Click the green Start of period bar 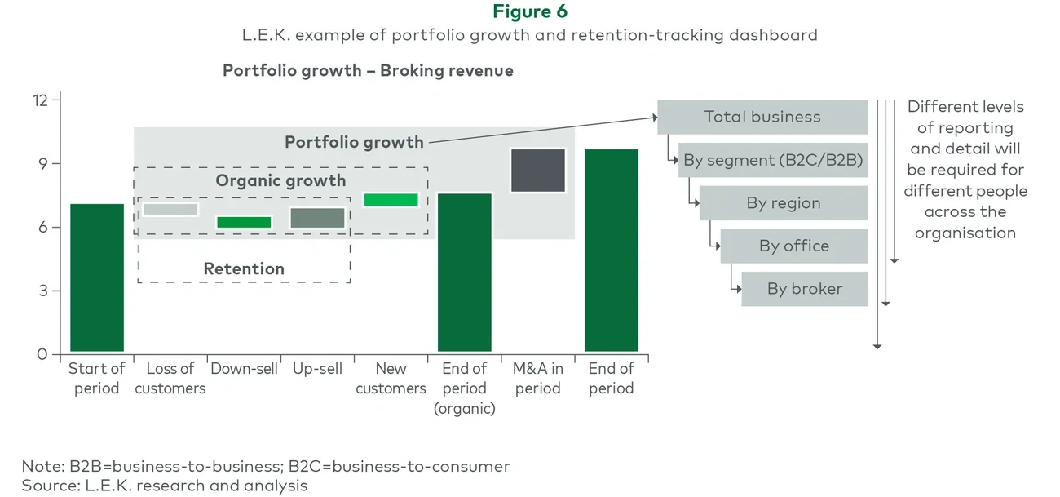point(97,277)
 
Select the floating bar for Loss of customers point(170,210)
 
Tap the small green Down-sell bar point(244,222)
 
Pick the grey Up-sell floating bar point(317,218)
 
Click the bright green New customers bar point(391,200)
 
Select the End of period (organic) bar point(464,272)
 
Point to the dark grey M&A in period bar point(537,171)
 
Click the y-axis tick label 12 point(40,100)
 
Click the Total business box point(762,117)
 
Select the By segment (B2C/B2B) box point(772,161)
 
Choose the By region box point(783,203)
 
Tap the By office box point(793,246)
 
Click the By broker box point(804,289)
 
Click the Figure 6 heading point(530,11)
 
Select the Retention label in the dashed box point(244,268)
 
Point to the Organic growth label point(280,180)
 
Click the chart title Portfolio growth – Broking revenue point(368,70)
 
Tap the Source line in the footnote point(165,486)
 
